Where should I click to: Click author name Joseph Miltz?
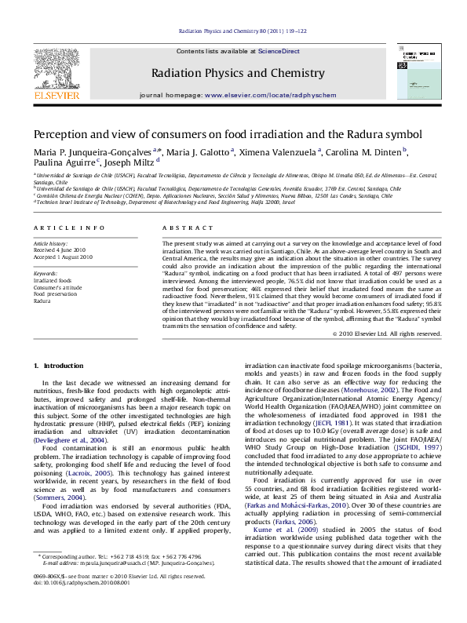pos(129,163)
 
